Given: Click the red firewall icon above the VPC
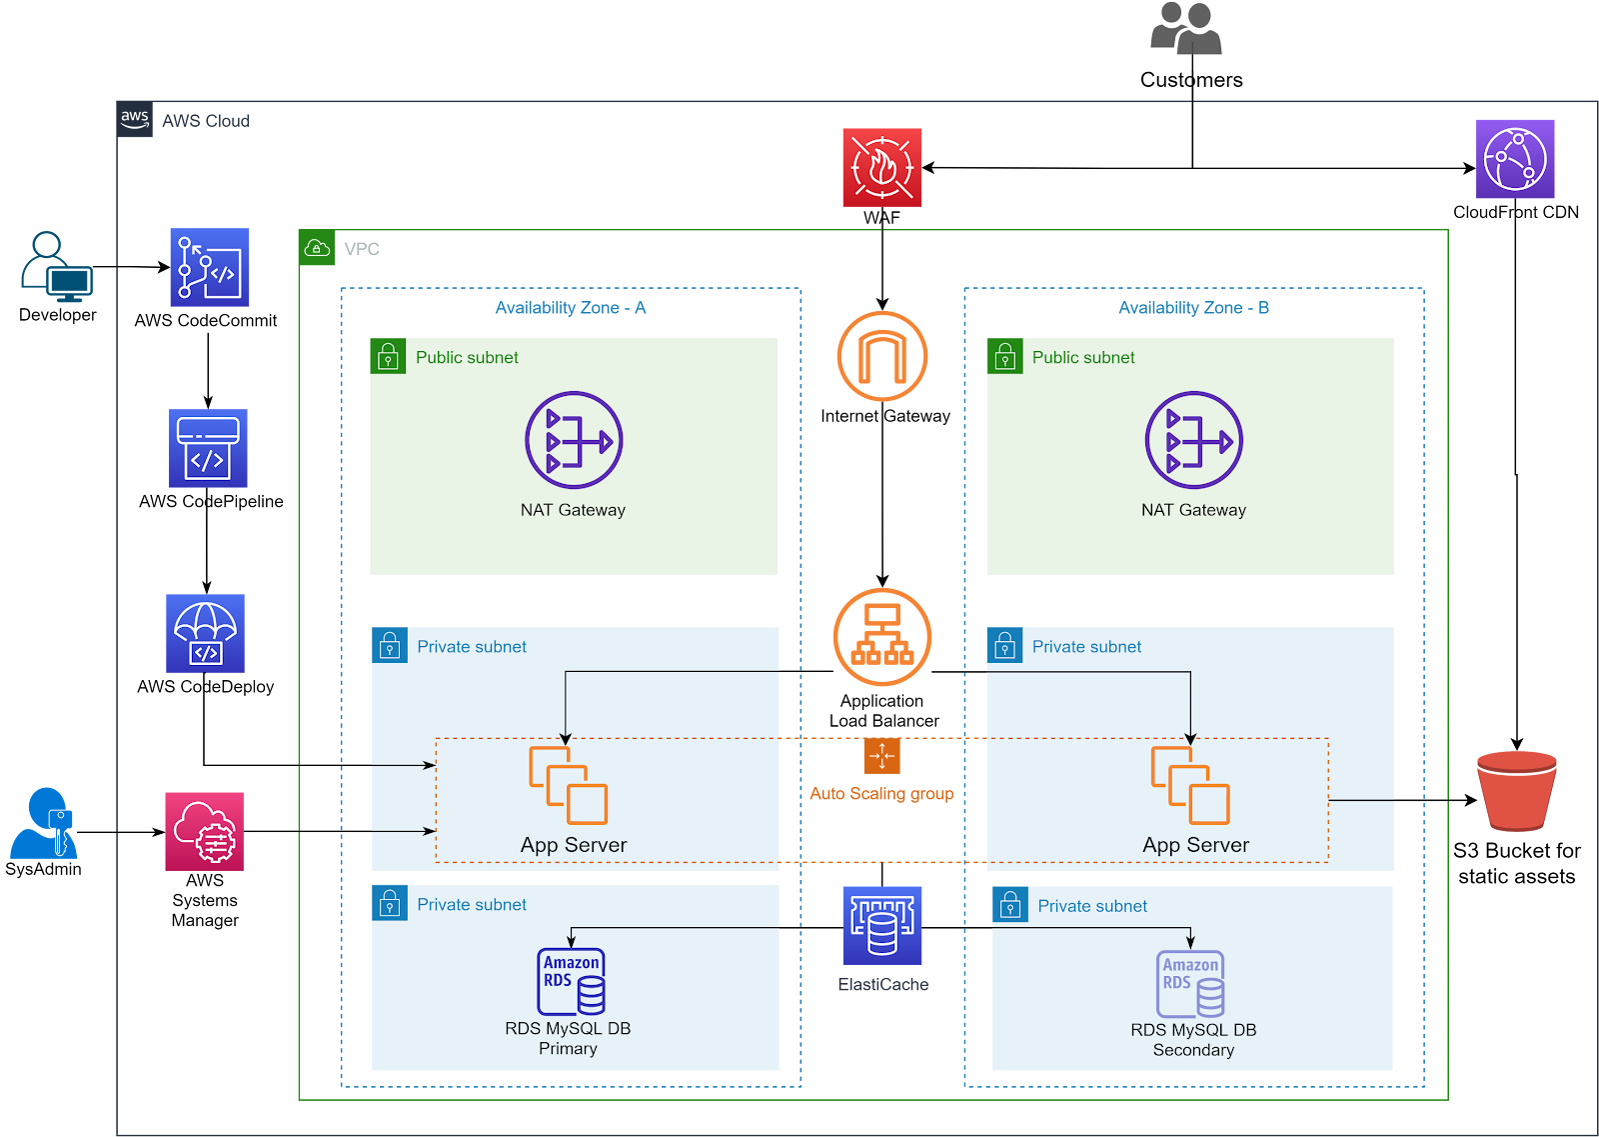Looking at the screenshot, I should tap(881, 167).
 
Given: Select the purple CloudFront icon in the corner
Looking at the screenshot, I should tap(1515, 159).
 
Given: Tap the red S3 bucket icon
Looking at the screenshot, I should tap(1516, 790).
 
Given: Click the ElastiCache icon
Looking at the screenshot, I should tap(881, 926).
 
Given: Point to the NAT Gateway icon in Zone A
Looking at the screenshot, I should tap(574, 440).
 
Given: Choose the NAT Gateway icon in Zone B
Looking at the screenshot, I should tap(1193, 440).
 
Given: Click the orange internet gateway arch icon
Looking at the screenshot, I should tap(881, 356).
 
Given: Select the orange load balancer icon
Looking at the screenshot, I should tap(881, 637).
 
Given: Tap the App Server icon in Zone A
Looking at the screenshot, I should tap(568, 785).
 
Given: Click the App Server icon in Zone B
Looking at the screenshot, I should tap(1190, 785).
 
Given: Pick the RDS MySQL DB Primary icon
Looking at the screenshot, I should tap(572, 981).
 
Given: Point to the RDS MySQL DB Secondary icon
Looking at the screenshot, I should tap(1191, 983).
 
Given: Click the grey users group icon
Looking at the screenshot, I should tap(1186, 28).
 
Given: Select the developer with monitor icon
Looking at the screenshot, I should tap(57, 267).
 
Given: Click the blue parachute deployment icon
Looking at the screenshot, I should tap(205, 633).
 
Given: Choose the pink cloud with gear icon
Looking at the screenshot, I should tap(205, 831).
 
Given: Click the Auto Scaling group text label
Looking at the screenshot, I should tap(881, 794).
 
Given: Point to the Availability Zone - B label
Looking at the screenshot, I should tap(1193, 308).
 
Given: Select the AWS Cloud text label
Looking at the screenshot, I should tap(206, 121).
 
